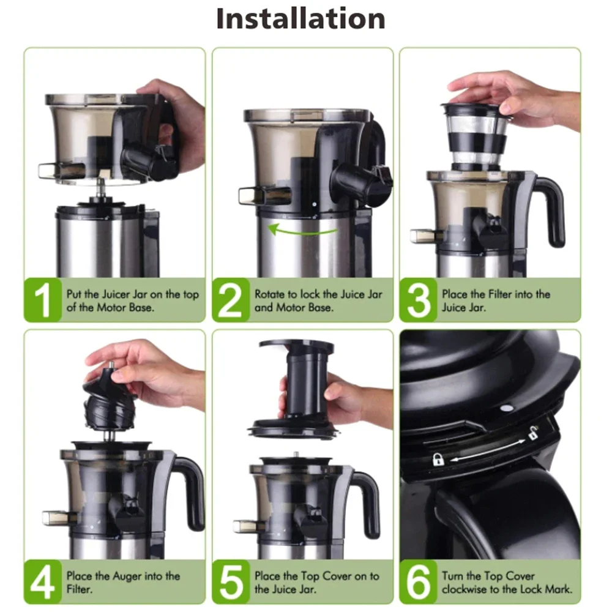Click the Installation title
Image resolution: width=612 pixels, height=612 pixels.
coord(300,19)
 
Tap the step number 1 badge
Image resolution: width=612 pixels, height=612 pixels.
coord(43,300)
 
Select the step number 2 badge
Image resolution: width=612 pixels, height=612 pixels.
coord(231,300)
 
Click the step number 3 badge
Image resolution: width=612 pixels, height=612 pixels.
coord(418,300)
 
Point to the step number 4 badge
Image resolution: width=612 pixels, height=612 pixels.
coord(43,581)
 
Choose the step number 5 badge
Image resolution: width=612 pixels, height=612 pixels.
coord(231,581)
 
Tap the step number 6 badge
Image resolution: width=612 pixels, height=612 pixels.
coord(418,581)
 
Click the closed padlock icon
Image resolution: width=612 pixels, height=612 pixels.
coord(438,459)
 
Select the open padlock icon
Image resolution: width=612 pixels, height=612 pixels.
coord(533,432)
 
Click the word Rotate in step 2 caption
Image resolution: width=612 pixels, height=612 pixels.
coord(269,294)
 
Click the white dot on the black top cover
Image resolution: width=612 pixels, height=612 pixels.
coord(505,407)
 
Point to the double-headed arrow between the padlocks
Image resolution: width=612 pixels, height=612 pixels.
coord(487,446)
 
